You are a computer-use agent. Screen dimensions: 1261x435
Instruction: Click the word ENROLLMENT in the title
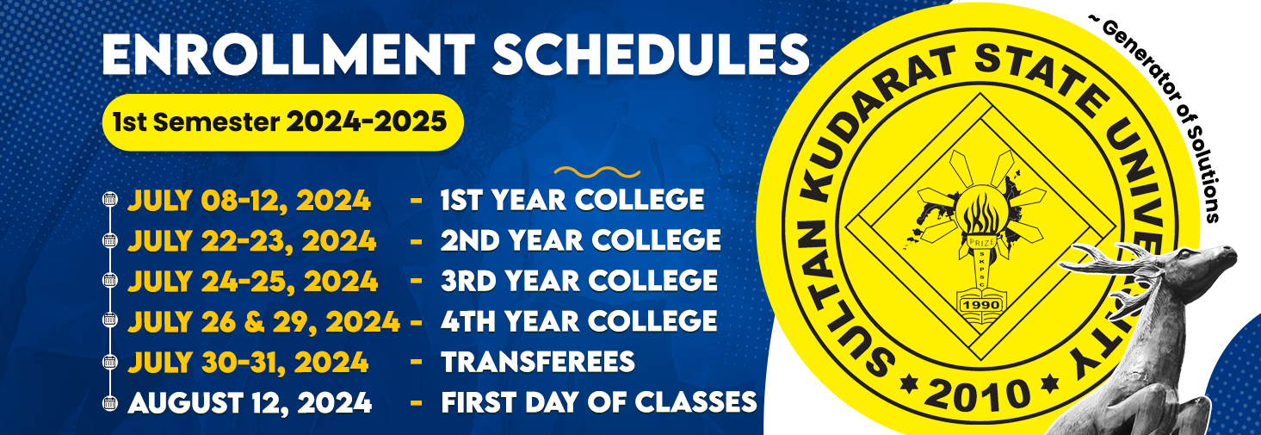coord(288,54)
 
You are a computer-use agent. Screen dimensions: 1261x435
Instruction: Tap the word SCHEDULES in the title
coord(651,54)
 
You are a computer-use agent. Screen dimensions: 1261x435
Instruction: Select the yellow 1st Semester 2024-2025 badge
coord(282,122)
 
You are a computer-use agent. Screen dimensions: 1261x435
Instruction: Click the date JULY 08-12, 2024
coord(250,201)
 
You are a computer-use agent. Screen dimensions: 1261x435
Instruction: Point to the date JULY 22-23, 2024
coord(251,241)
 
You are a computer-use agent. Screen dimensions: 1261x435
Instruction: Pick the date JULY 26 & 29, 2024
coord(263,322)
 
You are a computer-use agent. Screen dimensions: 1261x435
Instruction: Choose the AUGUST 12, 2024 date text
coord(250,403)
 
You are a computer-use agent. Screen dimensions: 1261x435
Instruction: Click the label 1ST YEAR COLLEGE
coord(572,200)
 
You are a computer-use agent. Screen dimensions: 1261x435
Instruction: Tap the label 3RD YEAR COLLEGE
coord(579,281)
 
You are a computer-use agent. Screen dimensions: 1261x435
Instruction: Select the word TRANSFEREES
coord(538,362)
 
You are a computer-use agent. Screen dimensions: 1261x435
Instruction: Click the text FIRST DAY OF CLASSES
coord(599,402)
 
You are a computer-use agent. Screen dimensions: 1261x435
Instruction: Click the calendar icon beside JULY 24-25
coord(110,281)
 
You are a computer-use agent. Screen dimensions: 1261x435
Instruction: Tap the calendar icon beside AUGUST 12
coord(110,403)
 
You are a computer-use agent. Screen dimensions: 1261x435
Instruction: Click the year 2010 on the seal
coord(977,394)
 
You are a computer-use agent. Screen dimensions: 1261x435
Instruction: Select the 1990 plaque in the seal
coord(980,305)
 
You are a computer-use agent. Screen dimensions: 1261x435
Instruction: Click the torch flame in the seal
coord(980,211)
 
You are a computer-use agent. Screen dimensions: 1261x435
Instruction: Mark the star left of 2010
coord(907,383)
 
